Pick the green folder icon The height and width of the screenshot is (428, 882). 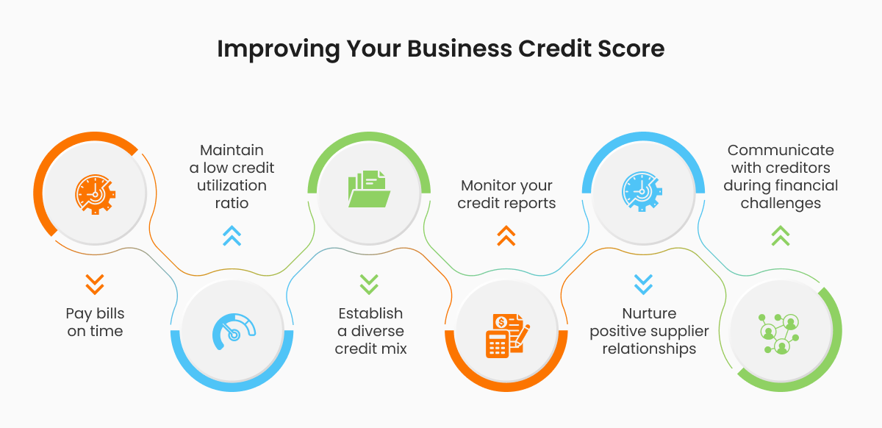pyautogui.click(x=369, y=189)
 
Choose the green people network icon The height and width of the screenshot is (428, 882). pyautogui.click(x=781, y=332)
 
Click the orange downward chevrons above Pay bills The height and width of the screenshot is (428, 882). pyautogui.click(x=95, y=284)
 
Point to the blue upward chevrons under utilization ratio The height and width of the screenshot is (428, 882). pyautogui.click(x=232, y=235)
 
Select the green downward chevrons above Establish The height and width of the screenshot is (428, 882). pyautogui.click(x=369, y=284)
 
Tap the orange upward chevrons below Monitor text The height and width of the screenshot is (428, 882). pyautogui.click(x=506, y=235)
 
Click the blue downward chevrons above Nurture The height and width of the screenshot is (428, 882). pyautogui.click(x=643, y=284)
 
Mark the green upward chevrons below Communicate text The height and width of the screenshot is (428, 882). pyautogui.click(x=781, y=235)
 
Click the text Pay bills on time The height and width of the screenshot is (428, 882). pyautogui.click(x=95, y=322)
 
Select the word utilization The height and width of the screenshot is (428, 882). pyautogui.click(x=232, y=185)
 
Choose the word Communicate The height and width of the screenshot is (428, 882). pyautogui.click(x=781, y=150)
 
